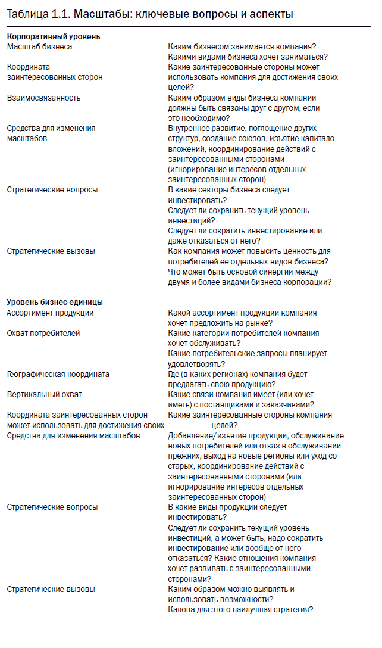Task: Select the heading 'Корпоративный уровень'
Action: tap(54, 36)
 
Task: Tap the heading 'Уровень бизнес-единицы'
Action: tap(55, 302)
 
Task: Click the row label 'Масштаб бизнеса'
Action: tap(39, 46)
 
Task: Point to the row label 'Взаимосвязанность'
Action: tap(43, 98)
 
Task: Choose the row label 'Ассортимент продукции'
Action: tap(50, 313)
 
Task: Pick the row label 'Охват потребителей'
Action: tap(43, 333)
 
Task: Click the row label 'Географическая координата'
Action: tap(58, 374)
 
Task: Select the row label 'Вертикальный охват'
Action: tap(44, 394)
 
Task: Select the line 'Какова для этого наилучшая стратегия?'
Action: tap(240, 609)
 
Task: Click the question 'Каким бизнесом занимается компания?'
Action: tap(242, 46)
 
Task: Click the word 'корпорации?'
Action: tap(308, 282)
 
